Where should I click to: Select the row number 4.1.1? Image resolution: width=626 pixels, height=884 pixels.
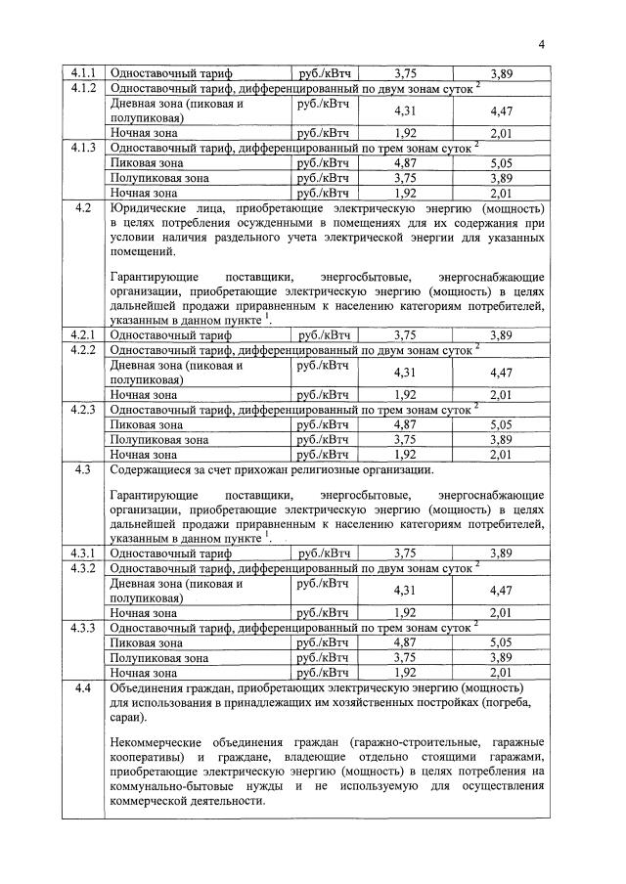(x=83, y=73)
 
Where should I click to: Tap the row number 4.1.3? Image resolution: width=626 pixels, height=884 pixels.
(x=83, y=148)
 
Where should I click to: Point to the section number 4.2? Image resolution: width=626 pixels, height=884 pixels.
(x=83, y=208)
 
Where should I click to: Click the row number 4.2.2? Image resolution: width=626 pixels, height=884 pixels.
(x=83, y=349)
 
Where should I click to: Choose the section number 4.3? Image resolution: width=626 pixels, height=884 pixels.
(x=83, y=470)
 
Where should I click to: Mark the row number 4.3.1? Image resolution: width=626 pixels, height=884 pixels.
(x=83, y=552)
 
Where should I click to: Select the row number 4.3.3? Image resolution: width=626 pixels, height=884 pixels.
(x=83, y=627)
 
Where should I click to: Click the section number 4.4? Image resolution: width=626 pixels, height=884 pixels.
(x=83, y=687)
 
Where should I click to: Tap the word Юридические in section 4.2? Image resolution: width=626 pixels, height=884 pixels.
(x=153, y=208)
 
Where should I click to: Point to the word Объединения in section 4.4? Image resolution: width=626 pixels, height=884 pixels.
(x=152, y=687)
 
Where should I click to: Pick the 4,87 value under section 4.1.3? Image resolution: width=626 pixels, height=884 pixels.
(x=405, y=162)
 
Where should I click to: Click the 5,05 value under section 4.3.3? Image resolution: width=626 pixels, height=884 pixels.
(x=501, y=642)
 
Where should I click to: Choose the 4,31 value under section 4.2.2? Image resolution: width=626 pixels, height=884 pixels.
(x=405, y=372)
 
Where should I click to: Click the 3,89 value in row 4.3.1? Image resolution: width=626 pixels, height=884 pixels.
(x=501, y=553)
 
